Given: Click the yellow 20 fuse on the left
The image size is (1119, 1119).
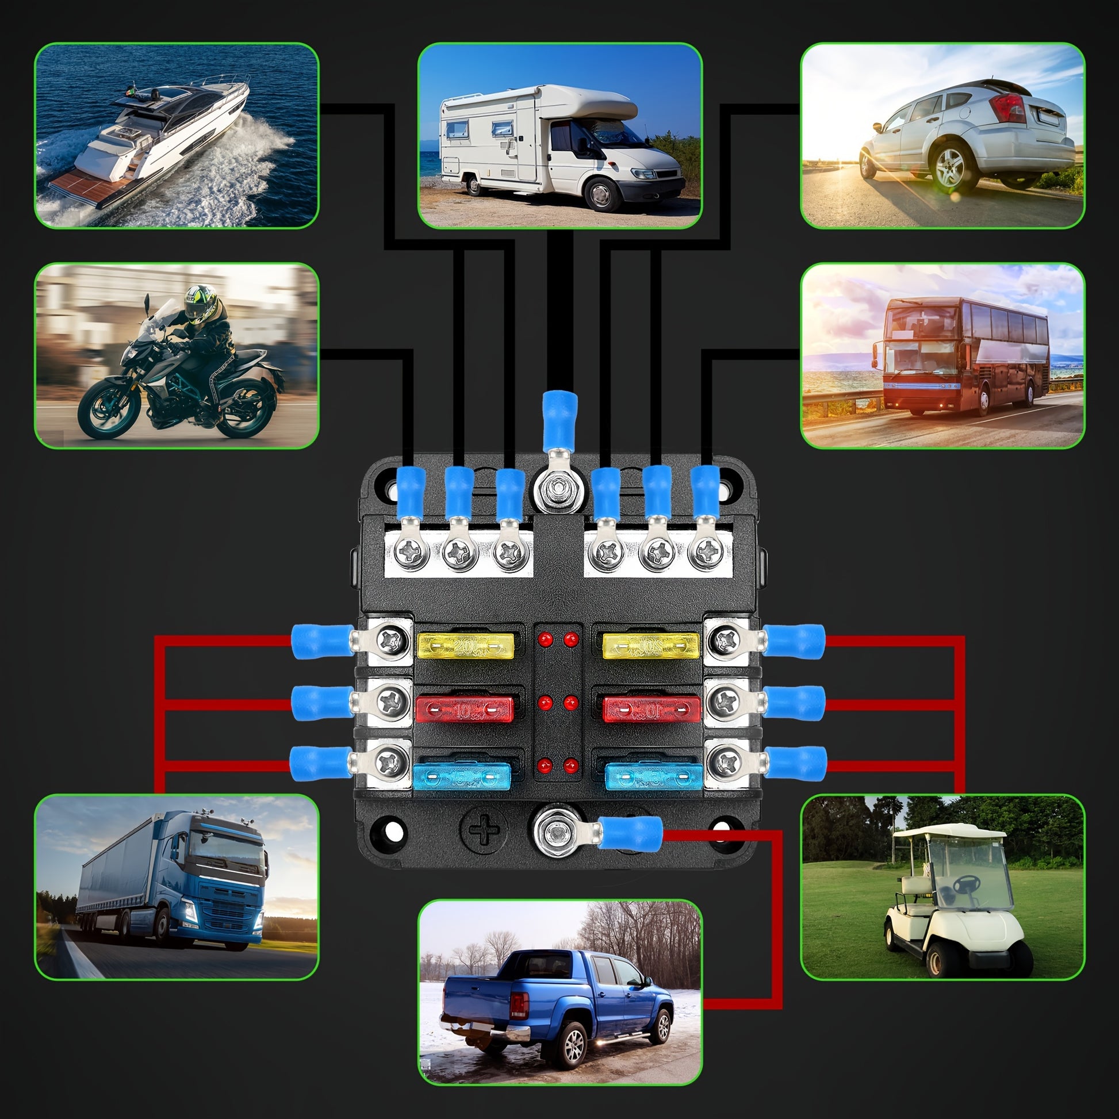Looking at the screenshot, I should [465, 645].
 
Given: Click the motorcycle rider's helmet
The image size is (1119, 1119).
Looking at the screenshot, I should [201, 302].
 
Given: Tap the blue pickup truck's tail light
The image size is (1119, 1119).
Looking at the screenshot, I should [519, 1004].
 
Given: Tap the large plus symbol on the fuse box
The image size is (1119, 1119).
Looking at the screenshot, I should [484, 830].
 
